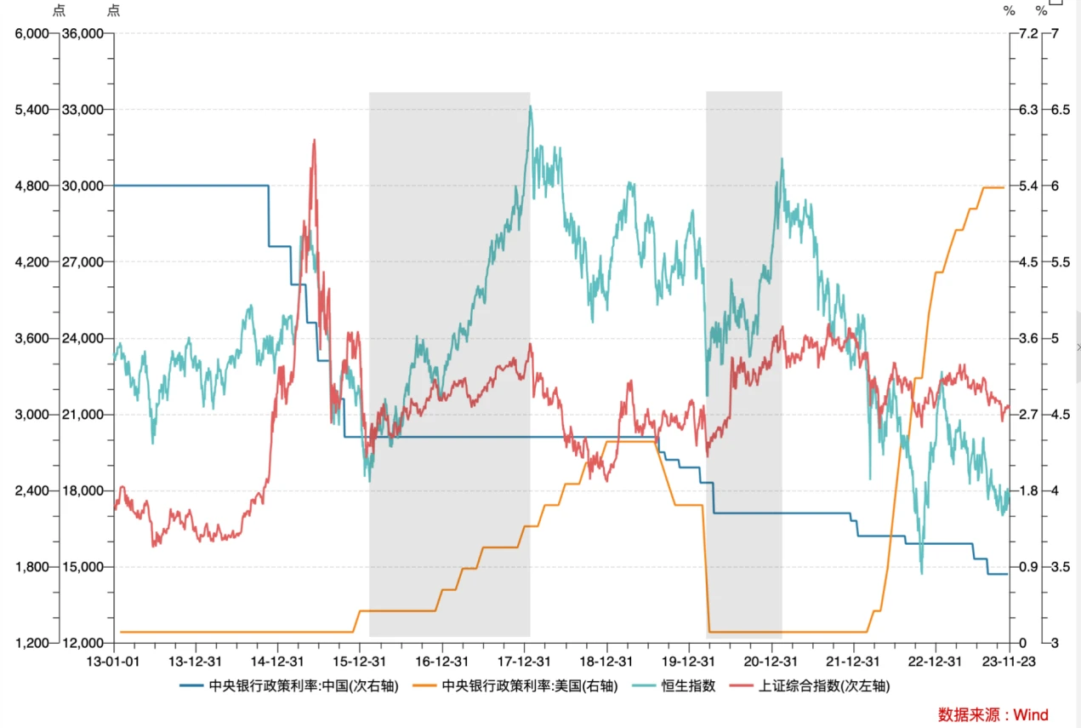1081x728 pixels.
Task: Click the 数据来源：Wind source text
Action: (993, 714)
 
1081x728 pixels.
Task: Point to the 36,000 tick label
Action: (85, 34)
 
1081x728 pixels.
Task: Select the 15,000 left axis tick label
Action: (85, 567)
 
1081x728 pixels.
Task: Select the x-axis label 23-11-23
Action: (1009, 661)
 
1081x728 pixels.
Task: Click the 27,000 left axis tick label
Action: (85, 262)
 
